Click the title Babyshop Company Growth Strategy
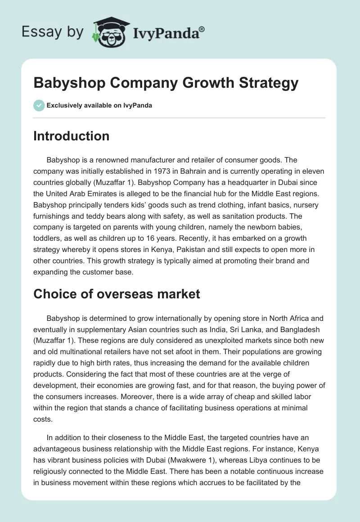pos(166,83)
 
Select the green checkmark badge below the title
pos(39,105)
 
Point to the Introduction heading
pos(71,136)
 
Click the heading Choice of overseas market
pos(117,294)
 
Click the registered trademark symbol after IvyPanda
pos(202,28)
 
